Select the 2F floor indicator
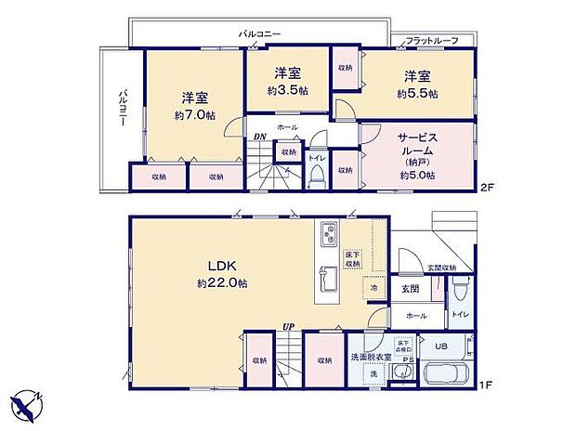pyautogui.click(x=486, y=187)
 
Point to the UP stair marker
pyautogui.click(x=291, y=327)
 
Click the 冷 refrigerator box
pyautogui.click(x=373, y=289)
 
